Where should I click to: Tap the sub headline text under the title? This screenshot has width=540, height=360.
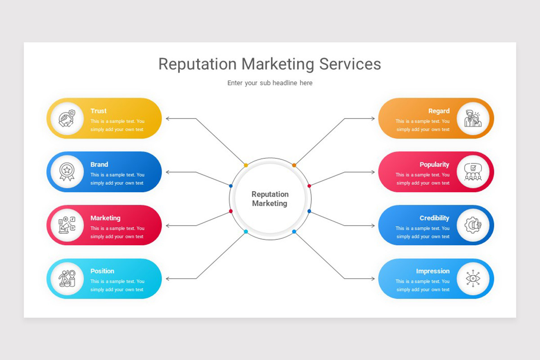coord(270,83)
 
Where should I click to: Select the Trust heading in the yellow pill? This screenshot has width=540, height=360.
coord(99,111)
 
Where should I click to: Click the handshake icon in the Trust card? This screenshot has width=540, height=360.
coord(67,118)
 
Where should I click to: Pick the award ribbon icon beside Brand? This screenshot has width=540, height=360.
coord(67,171)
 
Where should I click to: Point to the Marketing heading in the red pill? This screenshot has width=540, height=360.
coord(105,218)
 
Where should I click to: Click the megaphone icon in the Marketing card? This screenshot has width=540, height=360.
coord(67,225)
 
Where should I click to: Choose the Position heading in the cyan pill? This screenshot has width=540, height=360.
coord(102,271)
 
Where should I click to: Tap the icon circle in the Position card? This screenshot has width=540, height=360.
coord(67,279)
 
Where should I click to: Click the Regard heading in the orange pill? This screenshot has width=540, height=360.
coord(439,111)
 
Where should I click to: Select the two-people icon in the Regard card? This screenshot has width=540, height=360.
coord(473,118)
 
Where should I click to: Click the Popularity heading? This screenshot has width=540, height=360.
coord(434,164)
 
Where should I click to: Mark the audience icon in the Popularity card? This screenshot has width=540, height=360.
coord(473,171)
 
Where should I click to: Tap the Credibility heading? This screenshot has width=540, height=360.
coord(434,218)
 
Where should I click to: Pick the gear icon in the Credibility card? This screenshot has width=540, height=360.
coord(473,225)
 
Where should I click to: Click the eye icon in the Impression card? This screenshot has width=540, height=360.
coord(473,279)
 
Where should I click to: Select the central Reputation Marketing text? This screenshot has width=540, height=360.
coord(270,198)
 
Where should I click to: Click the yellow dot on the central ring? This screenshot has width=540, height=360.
coord(246,165)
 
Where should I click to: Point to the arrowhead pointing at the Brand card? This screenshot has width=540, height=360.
coord(168,172)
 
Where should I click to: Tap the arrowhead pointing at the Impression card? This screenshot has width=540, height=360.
coord(373,279)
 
